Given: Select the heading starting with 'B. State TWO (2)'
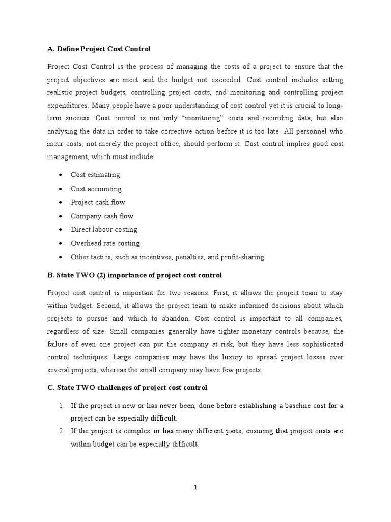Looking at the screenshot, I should pos(135,275).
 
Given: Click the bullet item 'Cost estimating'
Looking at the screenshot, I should pos(95,175).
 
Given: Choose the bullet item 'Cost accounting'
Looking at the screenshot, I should pos(96,189).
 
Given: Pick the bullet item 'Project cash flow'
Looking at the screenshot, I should pos(98,202).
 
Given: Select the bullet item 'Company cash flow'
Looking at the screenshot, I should pos(102,216).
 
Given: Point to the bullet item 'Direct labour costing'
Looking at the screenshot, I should pos(104,230).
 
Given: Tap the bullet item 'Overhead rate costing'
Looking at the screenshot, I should pos(105,244).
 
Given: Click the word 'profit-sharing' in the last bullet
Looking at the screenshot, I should pos(242,257).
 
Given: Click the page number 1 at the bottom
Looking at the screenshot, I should pos(195,487).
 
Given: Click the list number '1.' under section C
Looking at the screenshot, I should pos(61,405).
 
